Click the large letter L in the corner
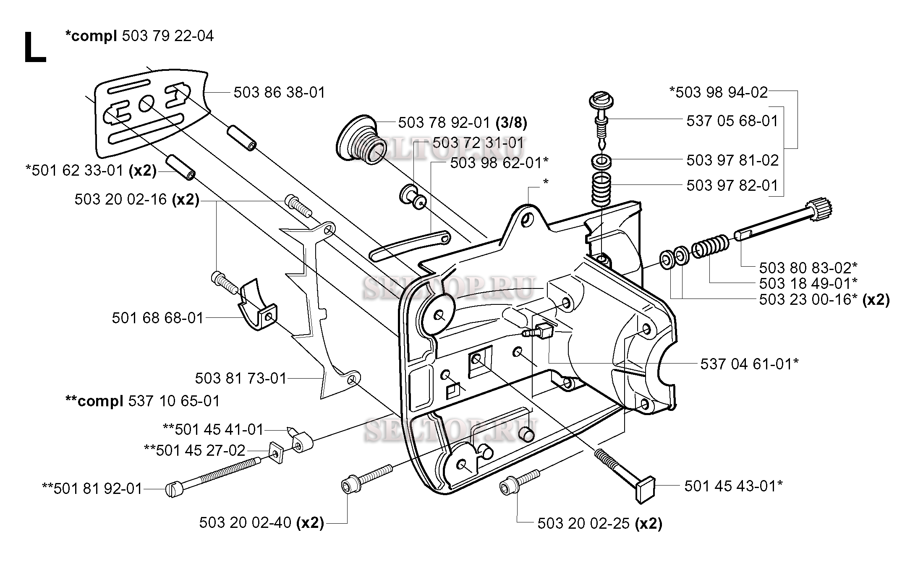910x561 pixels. (x=35, y=48)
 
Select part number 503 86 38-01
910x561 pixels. (x=280, y=92)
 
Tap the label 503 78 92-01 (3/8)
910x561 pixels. (x=463, y=122)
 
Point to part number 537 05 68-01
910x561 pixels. (x=732, y=121)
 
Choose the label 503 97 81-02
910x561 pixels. (x=732, y=160)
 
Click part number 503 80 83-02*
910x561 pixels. (x=808, y=267)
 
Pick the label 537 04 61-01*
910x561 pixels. (x=749, y=364)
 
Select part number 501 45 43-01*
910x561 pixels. (x=733, y=486)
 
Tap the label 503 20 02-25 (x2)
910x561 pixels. (x=600, y=523)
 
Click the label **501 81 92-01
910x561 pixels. (x=92, y=488)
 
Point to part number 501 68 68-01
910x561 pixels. (x=158, y=318)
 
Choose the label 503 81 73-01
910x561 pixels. (x=241, y=378)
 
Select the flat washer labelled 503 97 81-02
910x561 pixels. (x=601, y=161)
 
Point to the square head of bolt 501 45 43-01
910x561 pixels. (x=647, y=488)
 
